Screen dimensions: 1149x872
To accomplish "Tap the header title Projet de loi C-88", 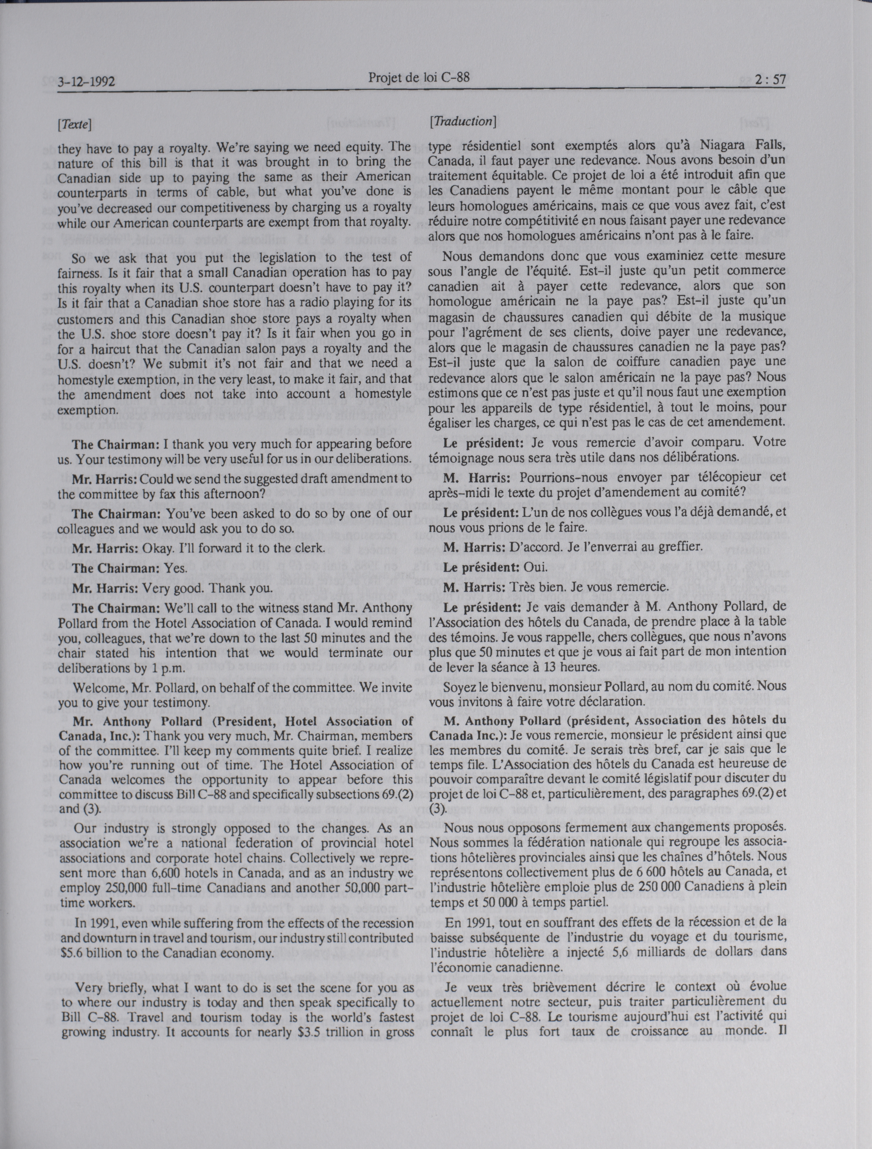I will [x=419, y=77].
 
